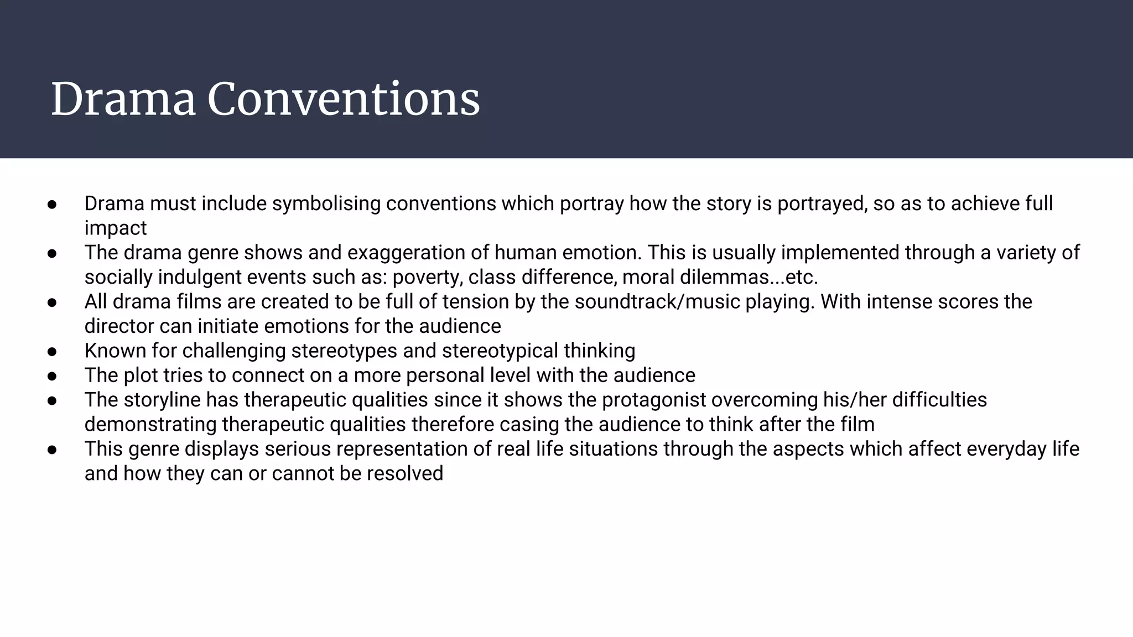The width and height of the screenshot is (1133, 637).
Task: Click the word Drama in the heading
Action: pos(123,100)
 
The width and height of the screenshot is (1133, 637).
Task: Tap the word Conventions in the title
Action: pos(343,100)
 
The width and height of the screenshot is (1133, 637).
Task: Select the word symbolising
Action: pos(326,203)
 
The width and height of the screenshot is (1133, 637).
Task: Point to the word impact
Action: pos(115,228)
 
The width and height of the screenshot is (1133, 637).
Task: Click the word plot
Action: pos(141,375)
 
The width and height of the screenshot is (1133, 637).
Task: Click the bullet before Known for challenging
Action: pos(53,351)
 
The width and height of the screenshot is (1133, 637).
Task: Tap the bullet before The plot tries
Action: pos(53,376)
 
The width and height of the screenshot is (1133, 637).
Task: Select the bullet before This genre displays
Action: pos(53,449)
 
